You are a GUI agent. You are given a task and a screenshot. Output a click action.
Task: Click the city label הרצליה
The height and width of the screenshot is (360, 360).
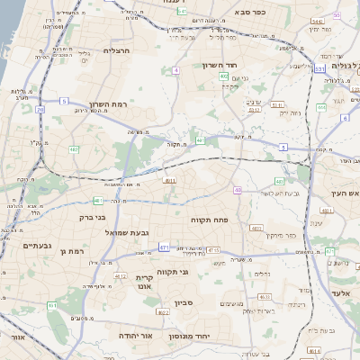(118, 50)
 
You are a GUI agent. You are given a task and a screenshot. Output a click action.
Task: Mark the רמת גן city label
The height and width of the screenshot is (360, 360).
(80, 251)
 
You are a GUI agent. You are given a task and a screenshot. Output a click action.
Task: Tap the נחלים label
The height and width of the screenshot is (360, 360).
(262, 275)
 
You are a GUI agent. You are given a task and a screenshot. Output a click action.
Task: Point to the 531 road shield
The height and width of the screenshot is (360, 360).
(319, 68)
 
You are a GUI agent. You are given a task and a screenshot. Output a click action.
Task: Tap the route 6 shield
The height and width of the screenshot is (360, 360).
(345, 118)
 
